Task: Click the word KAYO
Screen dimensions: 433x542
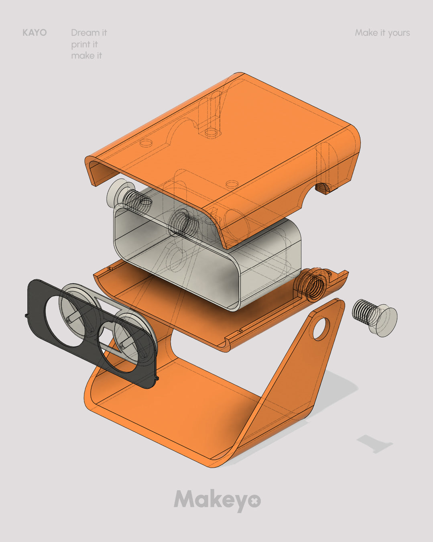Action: coord(35,33)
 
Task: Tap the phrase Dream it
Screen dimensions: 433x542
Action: coord(89,33)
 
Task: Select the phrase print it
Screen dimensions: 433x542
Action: coord(84,45)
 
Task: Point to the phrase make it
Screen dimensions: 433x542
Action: coord(86,56)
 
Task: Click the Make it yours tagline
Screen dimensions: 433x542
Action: coord(382,33)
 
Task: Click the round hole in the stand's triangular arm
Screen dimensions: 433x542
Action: coord(321,329)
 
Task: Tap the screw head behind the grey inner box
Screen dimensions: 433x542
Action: coord(116,194)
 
